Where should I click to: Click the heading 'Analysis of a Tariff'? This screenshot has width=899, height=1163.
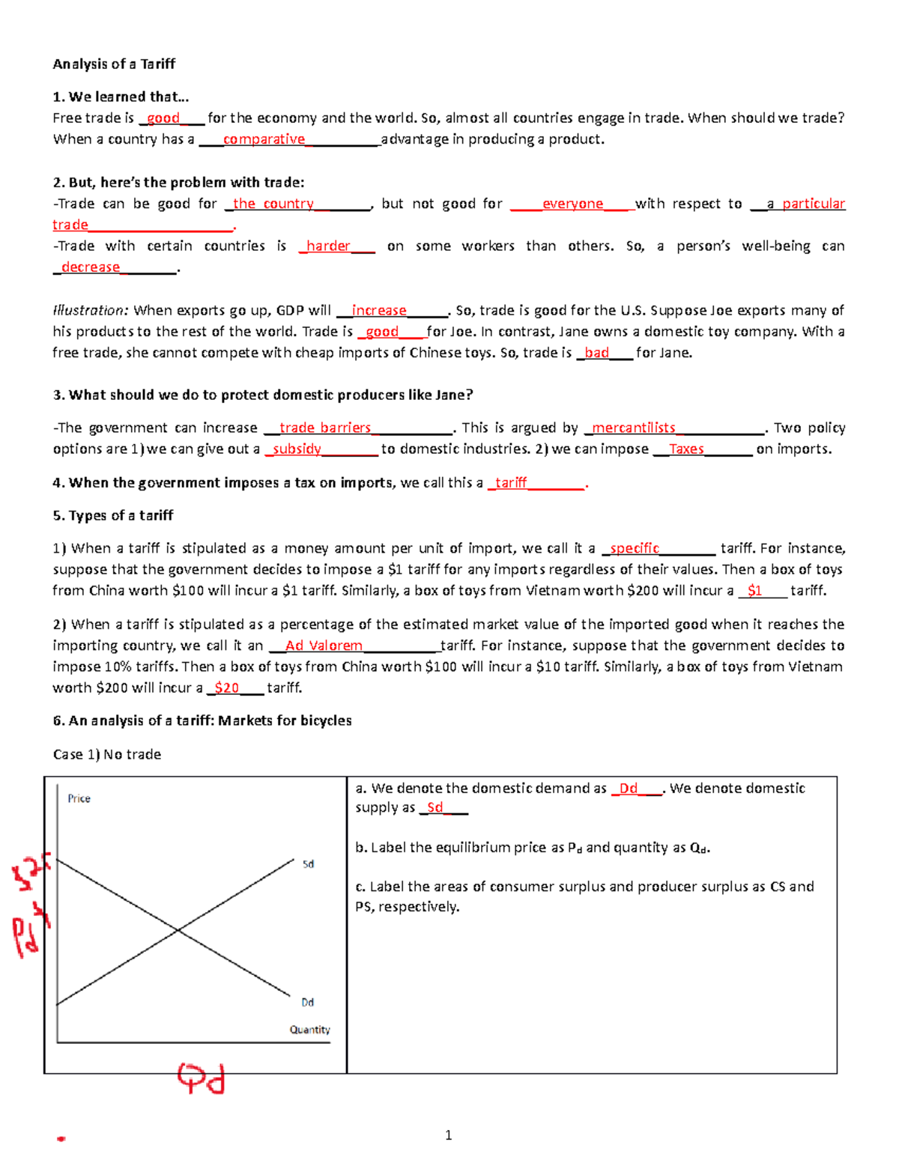[114, 64]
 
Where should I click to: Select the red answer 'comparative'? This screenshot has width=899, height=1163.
[264, 139]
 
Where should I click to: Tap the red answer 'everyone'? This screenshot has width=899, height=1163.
[572, 204]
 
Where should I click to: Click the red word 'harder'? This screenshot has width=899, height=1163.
[328, 246]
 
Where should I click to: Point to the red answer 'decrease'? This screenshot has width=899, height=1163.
[91, 267]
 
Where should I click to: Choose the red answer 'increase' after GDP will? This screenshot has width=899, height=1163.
[379, 311]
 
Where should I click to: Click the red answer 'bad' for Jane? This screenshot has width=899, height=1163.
[596, 353]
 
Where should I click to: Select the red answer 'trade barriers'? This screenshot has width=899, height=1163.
[325, 428]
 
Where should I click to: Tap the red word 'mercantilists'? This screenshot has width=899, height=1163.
[634, 428]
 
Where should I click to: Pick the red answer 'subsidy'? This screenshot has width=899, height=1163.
[297, 449]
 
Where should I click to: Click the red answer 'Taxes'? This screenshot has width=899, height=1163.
[686, 449]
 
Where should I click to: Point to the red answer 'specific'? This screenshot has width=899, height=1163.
[635, 548]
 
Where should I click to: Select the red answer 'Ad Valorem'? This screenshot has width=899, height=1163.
[324, 646]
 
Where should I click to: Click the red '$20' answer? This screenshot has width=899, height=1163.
[226, 688]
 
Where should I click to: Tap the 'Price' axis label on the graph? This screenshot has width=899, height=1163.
[79, 799]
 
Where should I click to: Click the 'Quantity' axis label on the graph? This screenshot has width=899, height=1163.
[310, 1030]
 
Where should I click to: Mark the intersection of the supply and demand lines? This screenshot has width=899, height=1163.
[178, 931]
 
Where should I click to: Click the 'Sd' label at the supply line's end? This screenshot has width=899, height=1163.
[308, 864]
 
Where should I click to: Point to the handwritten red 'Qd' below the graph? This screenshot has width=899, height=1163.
[201, 1079]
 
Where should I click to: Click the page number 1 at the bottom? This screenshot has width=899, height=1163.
[448, 1135]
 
